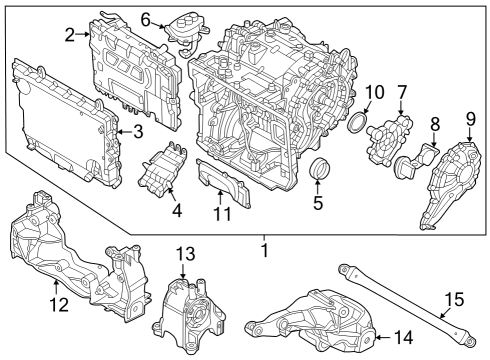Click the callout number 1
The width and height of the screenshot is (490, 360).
pyautogui.click(x=264, y=249)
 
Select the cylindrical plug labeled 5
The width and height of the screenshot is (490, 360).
pyautogui.click(x=320, y=170)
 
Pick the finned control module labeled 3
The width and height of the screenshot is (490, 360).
pyautogui.click(x=65, y=120)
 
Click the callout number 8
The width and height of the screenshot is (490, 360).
pyautogui.click(x=434, y=125)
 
